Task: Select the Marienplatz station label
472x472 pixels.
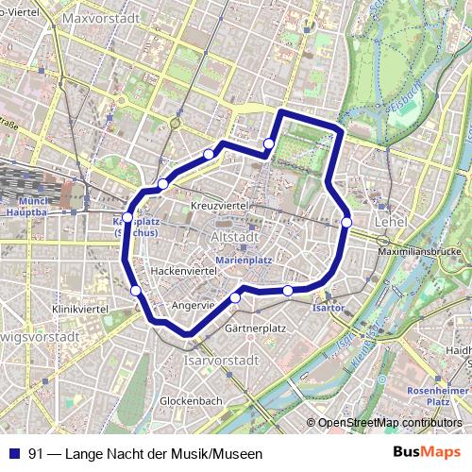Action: tap(244, 258)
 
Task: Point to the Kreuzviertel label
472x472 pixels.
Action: tap(218, 205)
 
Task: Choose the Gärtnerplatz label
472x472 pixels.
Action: tap(256, 329)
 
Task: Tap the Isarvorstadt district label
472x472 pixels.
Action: tap(223, 361)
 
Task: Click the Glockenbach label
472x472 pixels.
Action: tap(191, 400)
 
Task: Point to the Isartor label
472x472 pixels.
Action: tap(326, 308)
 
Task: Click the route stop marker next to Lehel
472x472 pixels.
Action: tap(347, 222)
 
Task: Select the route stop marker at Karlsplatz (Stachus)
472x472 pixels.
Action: tap(127, 217)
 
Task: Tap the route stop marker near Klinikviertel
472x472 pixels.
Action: tap(136, 291)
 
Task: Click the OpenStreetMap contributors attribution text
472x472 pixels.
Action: tap(387, 422)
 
